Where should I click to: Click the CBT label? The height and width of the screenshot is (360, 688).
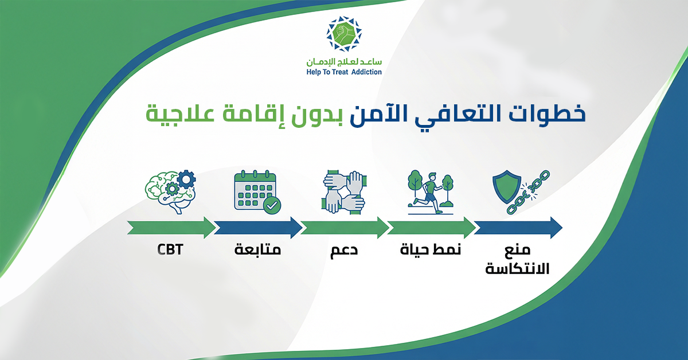point(170,249)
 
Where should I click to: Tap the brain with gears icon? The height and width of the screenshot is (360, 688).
point(170,192)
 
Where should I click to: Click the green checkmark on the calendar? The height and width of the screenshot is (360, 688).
point(272,205)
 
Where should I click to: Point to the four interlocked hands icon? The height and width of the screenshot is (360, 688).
point(344,192)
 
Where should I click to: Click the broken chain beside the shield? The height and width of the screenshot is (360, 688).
point(528,192)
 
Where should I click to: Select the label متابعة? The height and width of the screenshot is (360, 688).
point(257,249)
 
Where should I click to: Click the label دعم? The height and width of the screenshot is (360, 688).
point(344,251)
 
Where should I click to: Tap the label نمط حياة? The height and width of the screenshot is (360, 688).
point(431,249)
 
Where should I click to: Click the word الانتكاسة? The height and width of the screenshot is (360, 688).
point(517,268)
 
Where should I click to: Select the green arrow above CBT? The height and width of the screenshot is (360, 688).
point(171,228)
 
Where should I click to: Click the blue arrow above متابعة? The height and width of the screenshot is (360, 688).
point(258,228)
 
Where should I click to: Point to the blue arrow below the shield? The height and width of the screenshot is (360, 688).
point(518,228)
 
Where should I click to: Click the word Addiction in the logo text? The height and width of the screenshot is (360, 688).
point(366,72)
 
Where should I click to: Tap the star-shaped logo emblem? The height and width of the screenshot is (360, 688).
point(344,33)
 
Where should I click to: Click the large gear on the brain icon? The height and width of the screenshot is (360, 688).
point(186,179)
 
